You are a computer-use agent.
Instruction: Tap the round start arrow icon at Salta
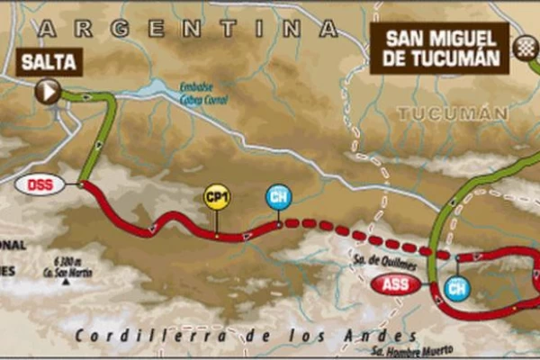[x=48, y=90]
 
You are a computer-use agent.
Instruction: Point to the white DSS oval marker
[x=40, y=184]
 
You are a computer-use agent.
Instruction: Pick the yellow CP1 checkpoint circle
[x=216, y=198]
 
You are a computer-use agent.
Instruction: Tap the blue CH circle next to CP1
[x=278, y=197]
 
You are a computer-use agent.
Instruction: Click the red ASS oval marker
[x=395, y=287]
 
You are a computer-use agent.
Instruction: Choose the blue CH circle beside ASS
[x=457, y=288]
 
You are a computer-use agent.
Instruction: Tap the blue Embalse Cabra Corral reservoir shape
[x=157, y=87]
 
